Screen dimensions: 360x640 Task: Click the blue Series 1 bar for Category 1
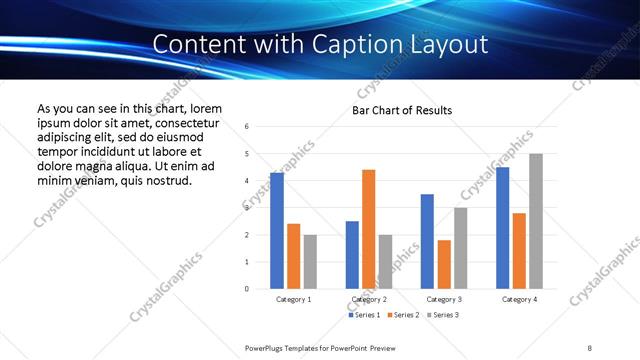pyautogui.click(x=277, y=231)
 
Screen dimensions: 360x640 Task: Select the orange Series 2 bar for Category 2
pyautogui.click(x=368, y=229)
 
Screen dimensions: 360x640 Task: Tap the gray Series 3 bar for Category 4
pyautogui.click(x=536, y=221)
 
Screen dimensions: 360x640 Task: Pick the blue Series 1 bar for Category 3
pyautogui.click(x=427, y=241)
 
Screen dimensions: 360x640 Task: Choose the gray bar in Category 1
pyautogui.click(x=310, y=261)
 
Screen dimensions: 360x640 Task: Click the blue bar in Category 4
pyautogui.click(x=502, y=228)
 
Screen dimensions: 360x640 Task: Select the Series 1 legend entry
pyautogui.click(x=364, y=315)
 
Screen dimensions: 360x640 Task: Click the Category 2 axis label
pyautogui.click(x=369, y=299)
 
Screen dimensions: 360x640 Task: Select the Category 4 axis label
pyautogui.click(x=519, y=299)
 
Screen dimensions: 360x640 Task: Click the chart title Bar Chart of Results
pyautogui.click(x=402, y=110)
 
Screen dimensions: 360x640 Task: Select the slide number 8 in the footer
pyautogui.click(x=590, y=347)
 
